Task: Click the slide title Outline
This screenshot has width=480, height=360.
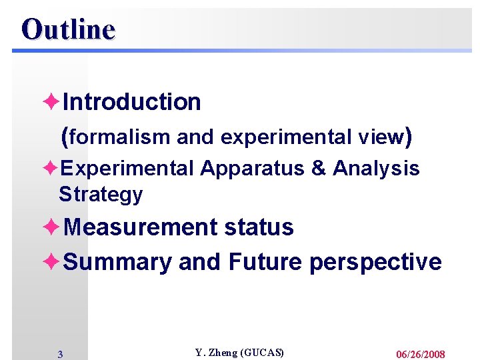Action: click(68, 29)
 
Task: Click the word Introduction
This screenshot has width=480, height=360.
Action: click(131, 102)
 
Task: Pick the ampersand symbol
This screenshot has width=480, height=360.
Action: click(318, 169)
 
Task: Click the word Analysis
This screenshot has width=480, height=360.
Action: click(376, 169)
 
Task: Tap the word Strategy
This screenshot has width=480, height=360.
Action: click(101, 195)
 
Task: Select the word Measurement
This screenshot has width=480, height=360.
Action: click(141, 227)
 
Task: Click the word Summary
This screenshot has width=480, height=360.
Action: click(117, 262)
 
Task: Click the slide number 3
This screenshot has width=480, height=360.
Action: click(60, 355)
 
